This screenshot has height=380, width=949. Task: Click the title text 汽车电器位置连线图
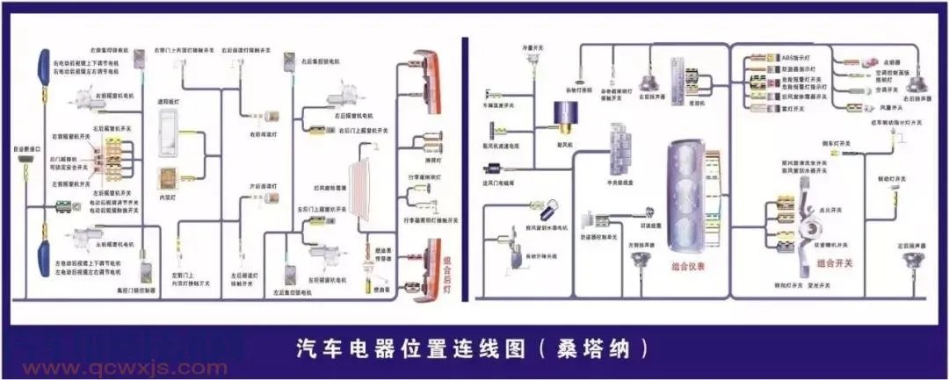pyautogui.click(x=413, y=348)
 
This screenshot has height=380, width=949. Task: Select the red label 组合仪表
pyautogui.click(x=690, y=267)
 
